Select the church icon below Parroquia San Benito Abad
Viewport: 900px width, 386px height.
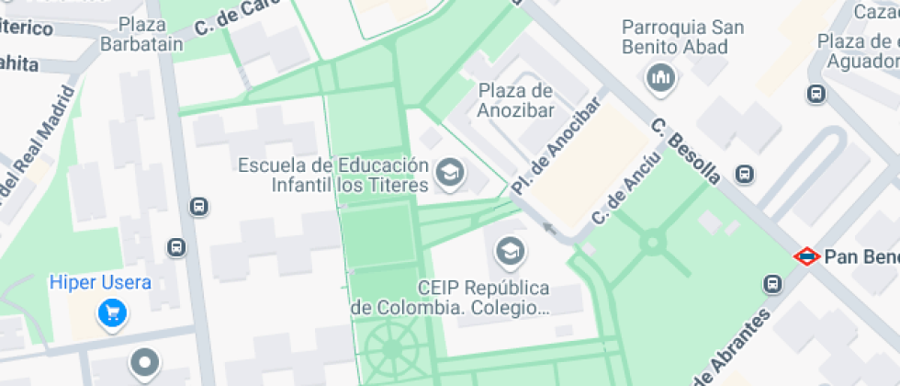[660, 80]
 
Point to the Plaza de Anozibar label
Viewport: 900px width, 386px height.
[515, 99]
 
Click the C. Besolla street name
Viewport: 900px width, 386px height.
[685, 151]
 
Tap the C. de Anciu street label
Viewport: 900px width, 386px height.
[615, 194]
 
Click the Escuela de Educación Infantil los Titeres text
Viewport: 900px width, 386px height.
[333, 175]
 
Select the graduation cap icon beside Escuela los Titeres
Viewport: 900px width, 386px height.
[449, 173]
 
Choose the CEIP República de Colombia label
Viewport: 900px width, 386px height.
[450, 297]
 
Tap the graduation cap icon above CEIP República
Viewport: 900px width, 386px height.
[508, 249]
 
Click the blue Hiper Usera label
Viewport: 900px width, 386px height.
[100, 282]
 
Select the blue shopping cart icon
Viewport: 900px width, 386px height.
[113, 315]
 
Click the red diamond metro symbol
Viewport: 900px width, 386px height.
[806, 256]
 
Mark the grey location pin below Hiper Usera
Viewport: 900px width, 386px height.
[144, 363]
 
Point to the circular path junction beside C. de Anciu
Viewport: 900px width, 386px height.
[653, 244]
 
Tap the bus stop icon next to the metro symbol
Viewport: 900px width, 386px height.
[774, 284]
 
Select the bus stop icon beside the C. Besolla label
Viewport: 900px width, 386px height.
[745, 174]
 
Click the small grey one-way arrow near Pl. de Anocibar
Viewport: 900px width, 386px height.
[549, 228]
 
